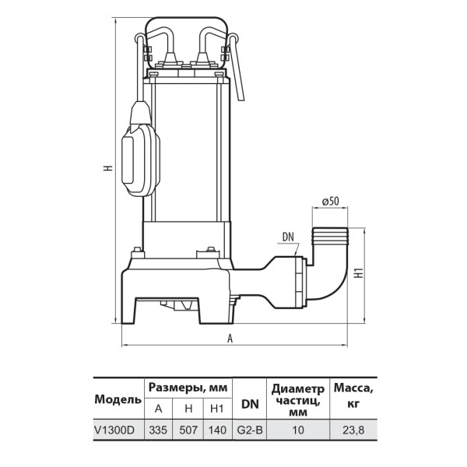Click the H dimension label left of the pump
click(x=109, y=167)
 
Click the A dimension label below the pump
click(x=230, y=339)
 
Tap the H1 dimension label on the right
click(x=360, y=272)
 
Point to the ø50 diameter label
click(x=330, y=202)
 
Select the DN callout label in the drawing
click(x=288, y=237)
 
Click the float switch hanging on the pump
click(x=141, y=149)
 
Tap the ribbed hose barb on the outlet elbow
click(x=329, y=237)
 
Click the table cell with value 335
click(x=158, y=430)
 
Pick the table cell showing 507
click(x=188, y=430)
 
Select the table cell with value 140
click(x=218, y=430)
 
